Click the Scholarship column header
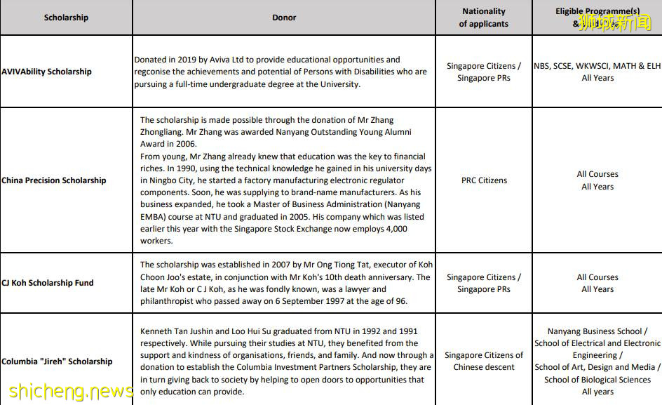tap(66, 18)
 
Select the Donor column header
tap(284, 18)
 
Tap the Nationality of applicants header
tap(484, 18)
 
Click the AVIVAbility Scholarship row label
tap(46, 72)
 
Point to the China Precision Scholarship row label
tap(54, 180)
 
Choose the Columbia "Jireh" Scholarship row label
tap(57, 361)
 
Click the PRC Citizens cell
tap(484, 180)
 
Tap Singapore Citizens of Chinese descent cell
tap(484, 361)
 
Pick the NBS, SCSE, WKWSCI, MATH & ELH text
tap(597, 66)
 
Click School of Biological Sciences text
tap(597, 380)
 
